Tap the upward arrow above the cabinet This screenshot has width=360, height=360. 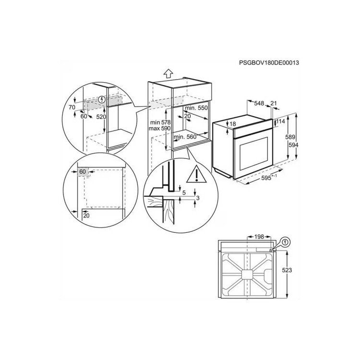pyautogui.click(x=168, y=73)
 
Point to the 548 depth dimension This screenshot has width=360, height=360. pyautogui.click(x=260, y=103)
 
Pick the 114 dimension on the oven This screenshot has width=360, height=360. pyautogui.click(x=281, y=122)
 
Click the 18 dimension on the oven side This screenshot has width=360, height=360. pyautogui.click(x=233, y=124)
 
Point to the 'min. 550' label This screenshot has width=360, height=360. pyautogui.click(x=198, y=108)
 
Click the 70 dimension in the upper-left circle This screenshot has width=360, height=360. pyautogui.click(x=72, y=107)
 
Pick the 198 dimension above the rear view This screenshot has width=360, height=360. pyautogui.click(x=260, y=237)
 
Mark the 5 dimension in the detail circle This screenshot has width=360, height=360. pyautogui.click(x=184, y=192)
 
